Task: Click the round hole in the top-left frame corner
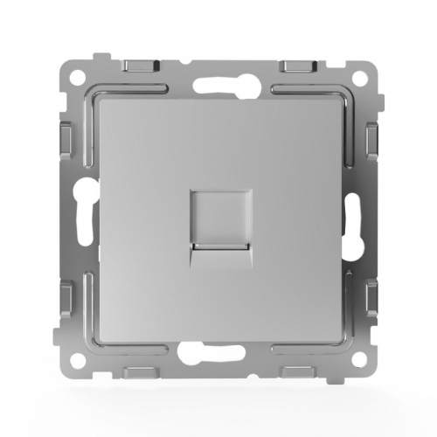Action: pos(73,73)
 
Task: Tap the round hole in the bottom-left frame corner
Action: pos(73,361)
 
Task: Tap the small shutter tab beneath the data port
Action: pos(218,251)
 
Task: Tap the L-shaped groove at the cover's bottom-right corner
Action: pos(346,346)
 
